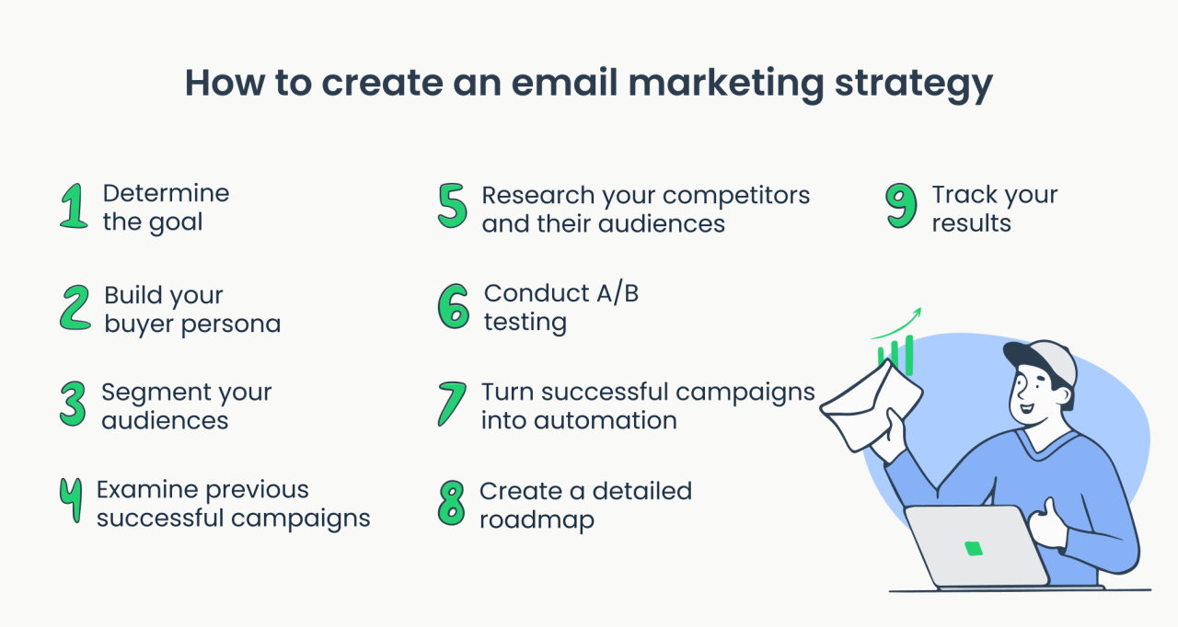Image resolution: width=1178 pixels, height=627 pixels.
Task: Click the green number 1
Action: (73, 206)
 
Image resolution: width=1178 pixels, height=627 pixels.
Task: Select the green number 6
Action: (453, 306)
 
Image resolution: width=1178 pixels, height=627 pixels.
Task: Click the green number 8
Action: (451, 504)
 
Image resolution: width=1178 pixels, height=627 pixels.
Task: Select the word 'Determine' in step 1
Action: (166, 193)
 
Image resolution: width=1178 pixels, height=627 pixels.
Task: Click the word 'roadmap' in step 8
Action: (537, 519)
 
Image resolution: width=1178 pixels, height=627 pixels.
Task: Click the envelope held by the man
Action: (870, 404)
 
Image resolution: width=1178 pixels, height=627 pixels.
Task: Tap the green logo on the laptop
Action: (974, 549)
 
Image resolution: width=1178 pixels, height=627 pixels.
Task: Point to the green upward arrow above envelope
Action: (897, 323)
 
